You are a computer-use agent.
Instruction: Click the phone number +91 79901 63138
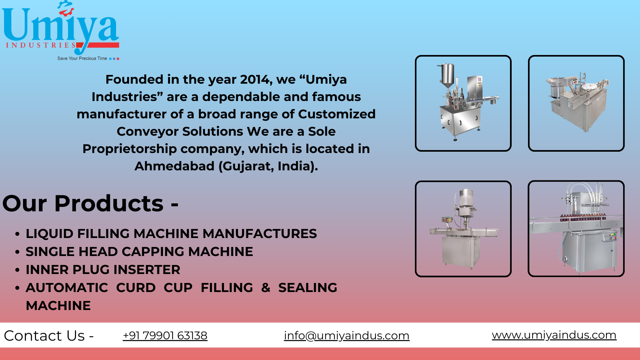165,335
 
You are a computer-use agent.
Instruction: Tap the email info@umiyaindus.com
347,336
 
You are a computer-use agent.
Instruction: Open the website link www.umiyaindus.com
554,335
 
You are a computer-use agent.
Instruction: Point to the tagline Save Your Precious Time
82,58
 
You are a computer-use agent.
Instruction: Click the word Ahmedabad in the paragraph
174,166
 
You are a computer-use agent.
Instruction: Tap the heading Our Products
90,203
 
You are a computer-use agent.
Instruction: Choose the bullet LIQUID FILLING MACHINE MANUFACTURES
171,234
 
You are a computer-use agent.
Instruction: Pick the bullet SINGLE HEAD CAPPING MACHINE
139,252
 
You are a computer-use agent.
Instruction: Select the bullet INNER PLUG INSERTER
103,270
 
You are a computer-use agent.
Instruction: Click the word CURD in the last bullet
136,288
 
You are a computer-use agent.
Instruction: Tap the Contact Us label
49,336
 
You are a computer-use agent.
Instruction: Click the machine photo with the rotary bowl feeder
576,103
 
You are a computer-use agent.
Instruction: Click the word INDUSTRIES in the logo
41,45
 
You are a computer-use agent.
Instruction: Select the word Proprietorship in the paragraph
130,149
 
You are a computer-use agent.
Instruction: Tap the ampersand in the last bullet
266,288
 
